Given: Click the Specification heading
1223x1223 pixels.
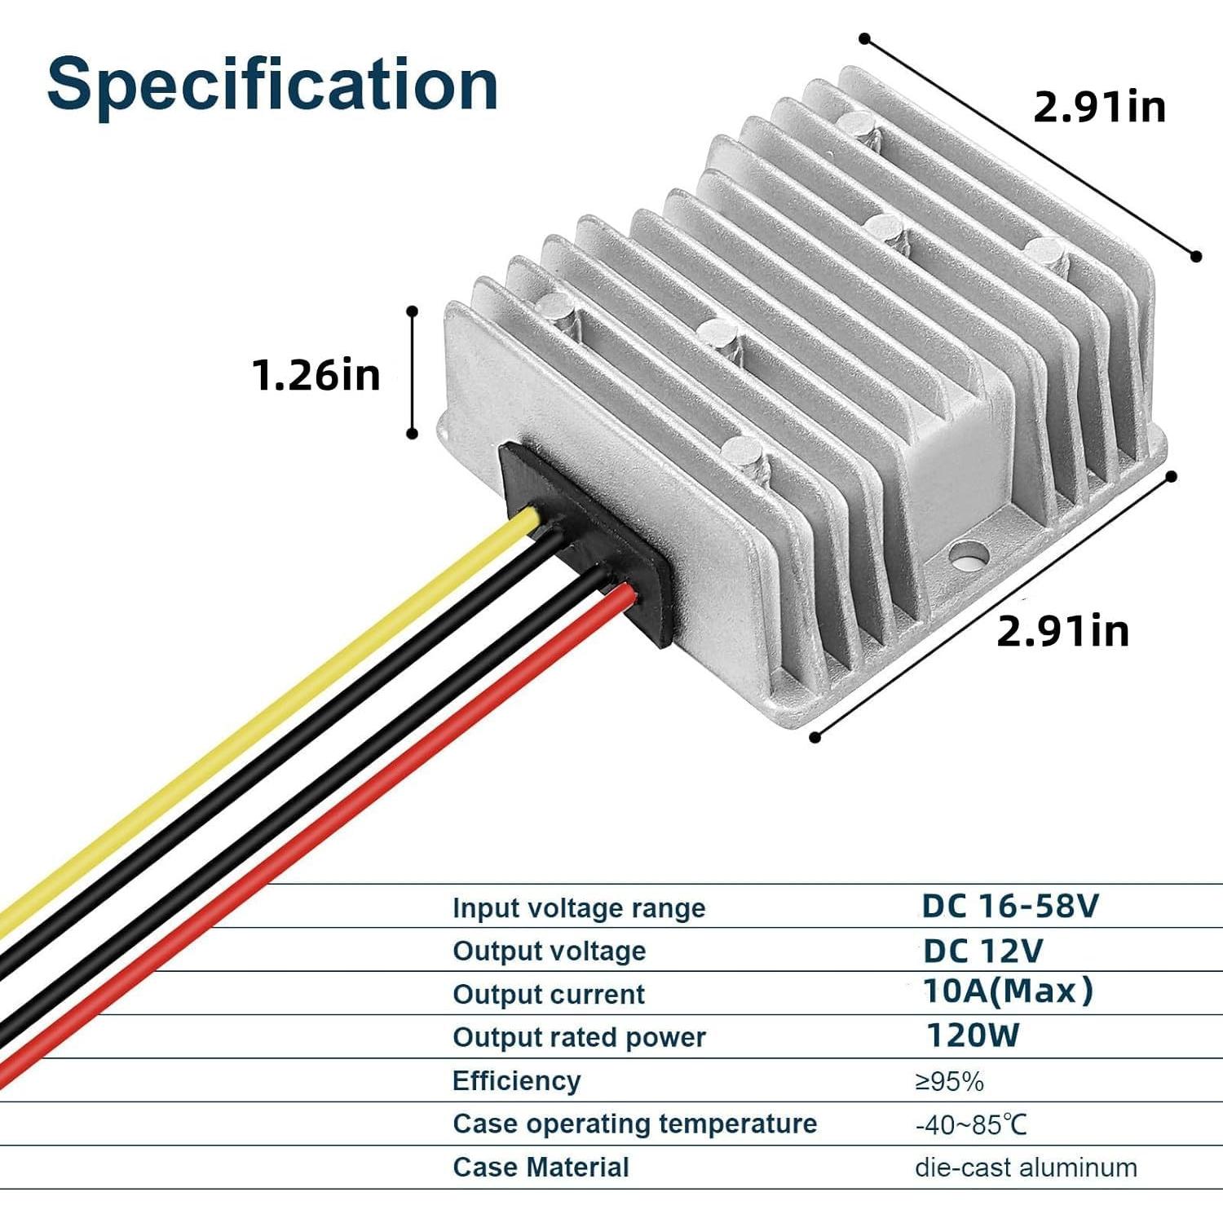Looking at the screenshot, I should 272,85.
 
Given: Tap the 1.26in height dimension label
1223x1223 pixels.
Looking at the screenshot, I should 316,375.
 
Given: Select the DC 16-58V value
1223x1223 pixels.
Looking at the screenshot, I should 1010,906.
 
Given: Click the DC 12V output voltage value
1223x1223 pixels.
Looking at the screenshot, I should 982,951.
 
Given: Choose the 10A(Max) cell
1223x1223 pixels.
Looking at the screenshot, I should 1008,991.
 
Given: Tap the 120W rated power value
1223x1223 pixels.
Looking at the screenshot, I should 973,1035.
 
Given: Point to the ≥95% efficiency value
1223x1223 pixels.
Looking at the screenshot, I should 949,1082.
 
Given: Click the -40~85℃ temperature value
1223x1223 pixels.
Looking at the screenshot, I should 970,1125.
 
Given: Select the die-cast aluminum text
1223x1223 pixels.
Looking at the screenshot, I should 1026,1168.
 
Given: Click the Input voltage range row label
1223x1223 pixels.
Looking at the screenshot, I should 579,908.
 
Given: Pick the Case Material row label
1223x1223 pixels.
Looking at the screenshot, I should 541,1168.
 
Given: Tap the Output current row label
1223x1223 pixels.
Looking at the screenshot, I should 549,995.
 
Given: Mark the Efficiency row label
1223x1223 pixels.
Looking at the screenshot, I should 517,1081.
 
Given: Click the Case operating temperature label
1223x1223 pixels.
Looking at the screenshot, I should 634,1124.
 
